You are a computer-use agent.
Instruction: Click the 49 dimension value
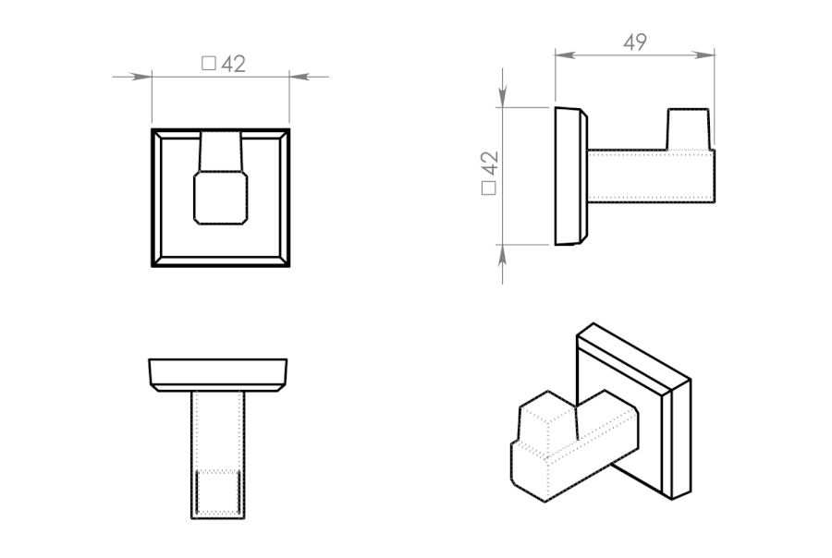coord(635,42)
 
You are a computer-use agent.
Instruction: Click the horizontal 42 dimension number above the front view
coord(234,64)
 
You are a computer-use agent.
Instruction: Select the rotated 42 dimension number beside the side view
coord(490,164)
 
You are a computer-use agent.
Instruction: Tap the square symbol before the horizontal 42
coord(209,64)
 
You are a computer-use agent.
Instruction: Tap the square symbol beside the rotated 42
coord(489,188)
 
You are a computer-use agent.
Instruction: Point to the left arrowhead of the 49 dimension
coord(565,55)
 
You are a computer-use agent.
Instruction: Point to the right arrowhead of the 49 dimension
coord(704,55)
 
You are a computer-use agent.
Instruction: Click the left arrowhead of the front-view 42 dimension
coord(141,77)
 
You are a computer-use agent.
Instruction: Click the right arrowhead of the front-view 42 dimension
coord(300,77)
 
